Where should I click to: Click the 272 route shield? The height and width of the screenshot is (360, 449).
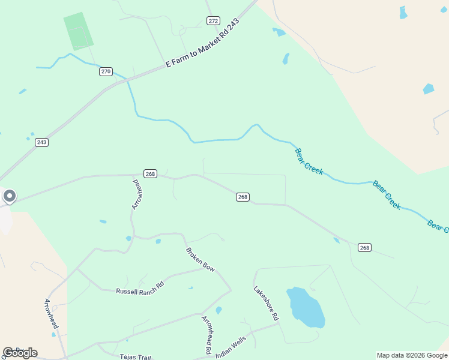pos(213,21)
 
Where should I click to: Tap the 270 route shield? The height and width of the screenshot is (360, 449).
pos(106,71)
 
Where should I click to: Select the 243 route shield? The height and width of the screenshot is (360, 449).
pos(41,142)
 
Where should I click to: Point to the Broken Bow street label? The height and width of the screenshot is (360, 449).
pos(200,260)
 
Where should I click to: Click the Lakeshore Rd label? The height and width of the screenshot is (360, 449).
pos(266,302)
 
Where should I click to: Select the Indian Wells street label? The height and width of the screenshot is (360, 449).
pos(231,347)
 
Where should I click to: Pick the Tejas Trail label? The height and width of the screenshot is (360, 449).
pos(135,356)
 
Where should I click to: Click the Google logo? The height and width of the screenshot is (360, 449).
pos(20,353)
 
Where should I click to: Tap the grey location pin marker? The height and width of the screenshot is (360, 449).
pos(9,196)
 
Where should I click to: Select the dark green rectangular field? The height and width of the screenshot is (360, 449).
pos(79,31)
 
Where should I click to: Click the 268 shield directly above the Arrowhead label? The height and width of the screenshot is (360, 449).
pos(150,174)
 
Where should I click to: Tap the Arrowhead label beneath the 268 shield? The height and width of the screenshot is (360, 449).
pos(137,194)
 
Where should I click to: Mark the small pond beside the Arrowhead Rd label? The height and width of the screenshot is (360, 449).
pos(218,310)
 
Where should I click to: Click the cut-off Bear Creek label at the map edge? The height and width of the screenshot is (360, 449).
pos(438,226)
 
